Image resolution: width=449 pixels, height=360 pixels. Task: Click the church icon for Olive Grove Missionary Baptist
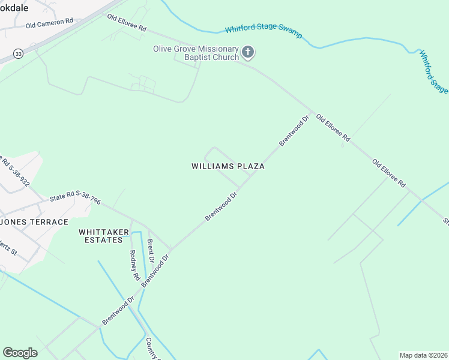click(249, 53)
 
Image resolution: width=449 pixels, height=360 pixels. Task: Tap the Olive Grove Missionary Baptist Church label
click(196, 53)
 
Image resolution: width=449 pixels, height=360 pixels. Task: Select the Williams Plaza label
click(228, 166)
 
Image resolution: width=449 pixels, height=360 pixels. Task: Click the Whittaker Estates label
click(101, 235)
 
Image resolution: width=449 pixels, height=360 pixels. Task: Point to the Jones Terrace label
click(35, 222)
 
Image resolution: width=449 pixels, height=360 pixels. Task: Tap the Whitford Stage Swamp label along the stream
click(263, 29)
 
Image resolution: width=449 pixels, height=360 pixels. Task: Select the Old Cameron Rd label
click(49, 23)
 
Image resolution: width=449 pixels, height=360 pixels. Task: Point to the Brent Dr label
click(150, 251)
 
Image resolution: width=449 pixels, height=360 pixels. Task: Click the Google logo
click(20, 353)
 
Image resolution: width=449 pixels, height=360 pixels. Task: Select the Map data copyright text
click(423, 355)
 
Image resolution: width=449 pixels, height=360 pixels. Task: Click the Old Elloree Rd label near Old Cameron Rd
click(127, 23)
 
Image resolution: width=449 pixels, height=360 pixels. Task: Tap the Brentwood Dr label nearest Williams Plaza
click(223, 206)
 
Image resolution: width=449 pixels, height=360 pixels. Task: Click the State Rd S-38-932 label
click(16, 172)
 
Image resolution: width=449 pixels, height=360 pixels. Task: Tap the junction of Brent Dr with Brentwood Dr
click(170, 249)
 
